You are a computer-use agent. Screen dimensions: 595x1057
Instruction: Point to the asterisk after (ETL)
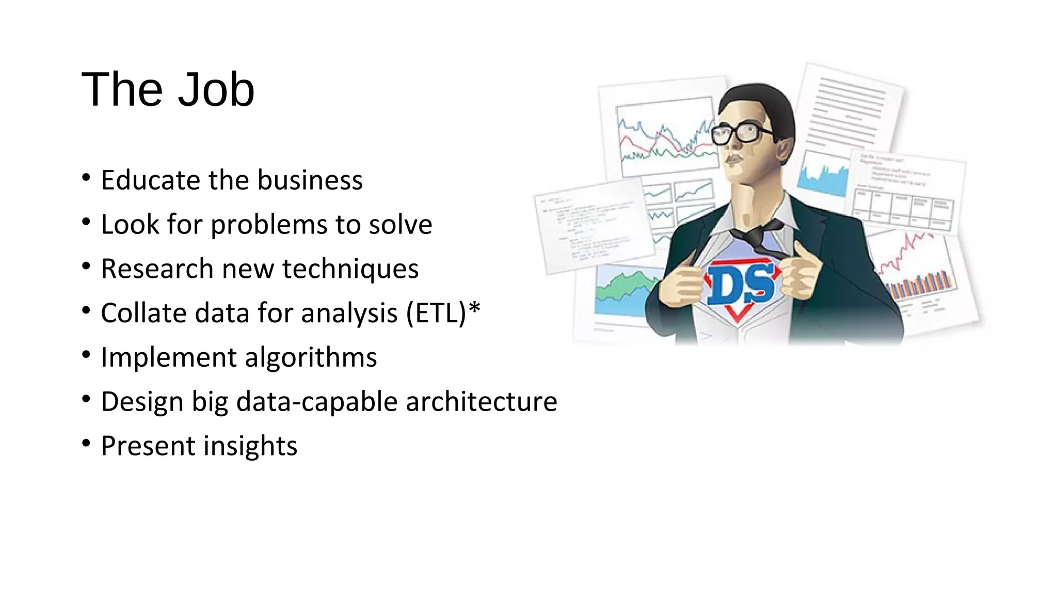tap(474, 309)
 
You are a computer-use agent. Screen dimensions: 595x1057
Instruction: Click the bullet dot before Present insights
tap(86, 443)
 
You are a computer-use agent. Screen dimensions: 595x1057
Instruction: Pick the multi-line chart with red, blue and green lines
tap(665, 137)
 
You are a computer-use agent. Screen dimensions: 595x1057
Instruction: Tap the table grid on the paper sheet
tap(903, 207)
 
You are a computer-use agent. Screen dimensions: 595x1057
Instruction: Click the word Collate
tap(143, 314)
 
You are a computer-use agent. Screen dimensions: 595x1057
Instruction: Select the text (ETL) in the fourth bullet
tap(436, 314)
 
